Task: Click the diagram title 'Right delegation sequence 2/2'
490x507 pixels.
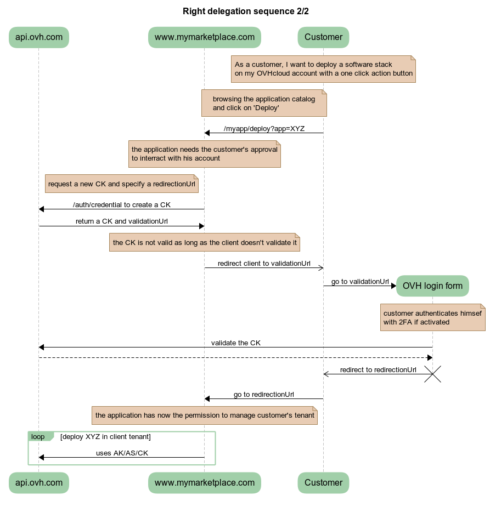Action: pyautogui.click(x=245, y=11)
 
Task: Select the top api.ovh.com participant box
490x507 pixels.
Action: pyautogui.click(x=38, y=37)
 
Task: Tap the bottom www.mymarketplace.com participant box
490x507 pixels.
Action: pyautogui.click(x=204, y=483)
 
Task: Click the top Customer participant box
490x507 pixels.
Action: pyautogui.click(x=323, y=37)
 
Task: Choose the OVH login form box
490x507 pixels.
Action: pyautogui.click(x=432, y=286)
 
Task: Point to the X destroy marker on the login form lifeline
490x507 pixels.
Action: pyautogui.click(x=433, y=374)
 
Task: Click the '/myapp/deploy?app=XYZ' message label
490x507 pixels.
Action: pyautogui.click(x=264, y=129)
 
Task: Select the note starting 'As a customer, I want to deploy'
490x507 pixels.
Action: pyautogui.click(x=323, y=69)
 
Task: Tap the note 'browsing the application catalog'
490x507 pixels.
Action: pyautogui.click(x=264, y=103)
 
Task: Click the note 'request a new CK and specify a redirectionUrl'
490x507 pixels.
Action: pyautogui.click(x=121, y=184)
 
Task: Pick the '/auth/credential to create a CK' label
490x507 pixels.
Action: pyautogui.click(x=122, y=205)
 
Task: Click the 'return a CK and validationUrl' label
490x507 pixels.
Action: pyautogui.click(x=122, y=221)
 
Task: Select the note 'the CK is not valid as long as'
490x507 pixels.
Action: pyautogui.click(x=205, y=242)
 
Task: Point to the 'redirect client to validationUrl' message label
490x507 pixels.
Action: pyautogui.click(x=264, y=263)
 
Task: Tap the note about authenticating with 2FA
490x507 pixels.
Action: pyautogui.click(x=432, y=317)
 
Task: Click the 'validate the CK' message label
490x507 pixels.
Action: pyautogui.click(x=236, y=343)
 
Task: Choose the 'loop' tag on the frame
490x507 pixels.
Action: pyautogui.click(x=38, y=437)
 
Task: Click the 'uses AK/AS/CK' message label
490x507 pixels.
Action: pyautogui.click(x=122, y=453)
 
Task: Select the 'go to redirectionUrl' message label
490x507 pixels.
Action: pyautogui.click(x=264, y=394)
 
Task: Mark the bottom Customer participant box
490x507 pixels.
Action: pyautogui.click(x=323, y=483)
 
